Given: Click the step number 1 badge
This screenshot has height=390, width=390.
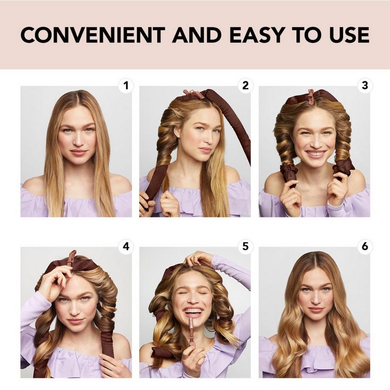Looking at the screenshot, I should click(x=125, y=86).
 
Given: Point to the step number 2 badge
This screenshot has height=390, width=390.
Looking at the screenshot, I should click(x=245, y=86).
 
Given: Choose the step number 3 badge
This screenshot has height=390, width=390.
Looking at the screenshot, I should click(x=365, y=86).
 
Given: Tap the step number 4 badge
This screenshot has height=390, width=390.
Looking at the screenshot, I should click(x=125, y=246).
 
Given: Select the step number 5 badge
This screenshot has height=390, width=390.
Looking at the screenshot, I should click(x=245, y=246).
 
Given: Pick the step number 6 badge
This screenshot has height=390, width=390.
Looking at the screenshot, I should click(x=365, y=246).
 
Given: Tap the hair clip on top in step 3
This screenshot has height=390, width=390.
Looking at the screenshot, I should click(x=311, y=96).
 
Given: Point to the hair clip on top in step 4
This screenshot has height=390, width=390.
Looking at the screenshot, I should click(x=71, y=257).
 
